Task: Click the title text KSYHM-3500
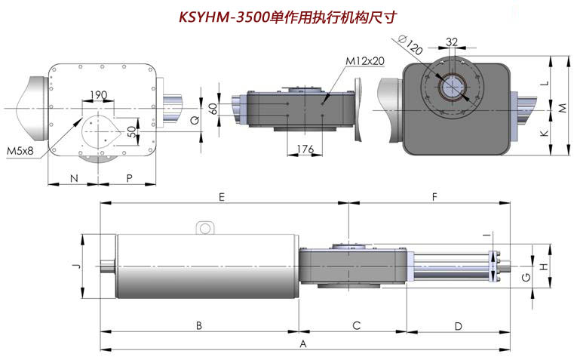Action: [x=224, y=17]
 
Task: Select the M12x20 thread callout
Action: [x=364, y=60]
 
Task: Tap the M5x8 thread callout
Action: [x=20, y=150]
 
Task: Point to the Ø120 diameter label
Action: [x=410, y=44]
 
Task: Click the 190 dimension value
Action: [x=98, y=95]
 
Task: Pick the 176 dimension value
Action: [x=305, y=149]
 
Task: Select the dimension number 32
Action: [x=452, y=42]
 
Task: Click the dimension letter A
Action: [x=303, y=344]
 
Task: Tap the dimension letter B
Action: [x=198, y=325]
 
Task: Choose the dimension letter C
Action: [x=357, y=325]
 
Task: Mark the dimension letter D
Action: [x=458, y=326]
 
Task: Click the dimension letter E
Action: [x=221, y=197]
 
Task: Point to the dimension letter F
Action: [x=434, y=197]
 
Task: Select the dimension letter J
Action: [x=76, y=266]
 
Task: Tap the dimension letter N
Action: [x=74, y=178]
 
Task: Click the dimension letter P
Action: [x=129, y=178]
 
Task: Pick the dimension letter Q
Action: [x=195, y=120]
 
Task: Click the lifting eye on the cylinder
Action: [x=205, y=228]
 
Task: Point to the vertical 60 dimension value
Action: [x=213, y=109]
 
